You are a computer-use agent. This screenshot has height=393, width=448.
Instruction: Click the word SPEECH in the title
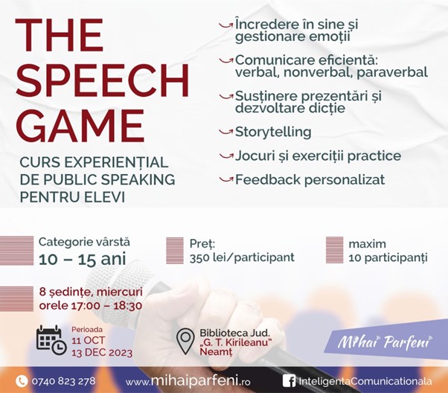tap(102, 80)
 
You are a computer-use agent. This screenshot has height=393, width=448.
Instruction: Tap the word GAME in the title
tap(80, 127)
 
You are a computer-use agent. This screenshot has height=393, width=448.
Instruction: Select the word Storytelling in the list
tap(273, 132)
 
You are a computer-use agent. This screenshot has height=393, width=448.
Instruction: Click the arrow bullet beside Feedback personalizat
tap(225, 179)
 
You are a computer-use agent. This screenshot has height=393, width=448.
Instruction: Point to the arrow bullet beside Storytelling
tap(225, 132)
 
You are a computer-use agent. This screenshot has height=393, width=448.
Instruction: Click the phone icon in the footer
tap(22, 381)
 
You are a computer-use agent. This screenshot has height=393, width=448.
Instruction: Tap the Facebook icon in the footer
tap(289, 381)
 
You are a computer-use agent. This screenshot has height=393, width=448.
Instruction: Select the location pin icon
tap(185, 341)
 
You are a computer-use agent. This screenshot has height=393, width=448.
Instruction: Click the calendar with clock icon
tap(51, 340)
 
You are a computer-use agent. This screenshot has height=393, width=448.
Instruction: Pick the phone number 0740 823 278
tap(63, 381)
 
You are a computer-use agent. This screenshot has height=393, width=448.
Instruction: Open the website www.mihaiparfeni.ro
tap(188, 381)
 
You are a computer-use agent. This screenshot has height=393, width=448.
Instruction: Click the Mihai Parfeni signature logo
tap(385, 342)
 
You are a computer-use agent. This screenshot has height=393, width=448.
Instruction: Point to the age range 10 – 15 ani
tap(83, 259)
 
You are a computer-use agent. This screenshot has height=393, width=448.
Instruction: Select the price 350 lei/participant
tap(242, 258)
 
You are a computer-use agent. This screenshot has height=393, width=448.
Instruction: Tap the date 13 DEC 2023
tap(102, 353)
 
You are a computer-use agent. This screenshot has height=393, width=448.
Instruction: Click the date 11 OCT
tap(89, 340)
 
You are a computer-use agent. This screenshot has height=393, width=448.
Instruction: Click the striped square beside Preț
tap(175, 250)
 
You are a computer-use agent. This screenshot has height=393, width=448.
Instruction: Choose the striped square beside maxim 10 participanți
tap(335, 250)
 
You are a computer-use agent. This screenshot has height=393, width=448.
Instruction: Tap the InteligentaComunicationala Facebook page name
tap(365, 381)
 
